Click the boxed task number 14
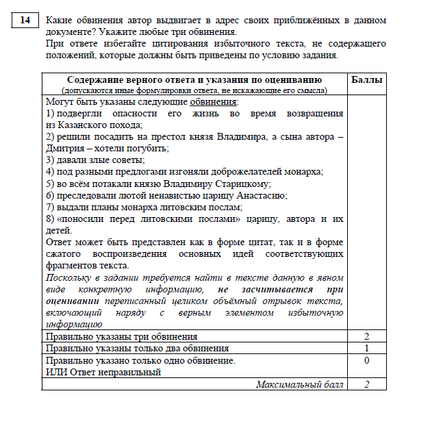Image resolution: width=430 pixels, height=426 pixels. pos(25,21)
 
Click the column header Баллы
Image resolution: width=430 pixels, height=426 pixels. pos(366,80)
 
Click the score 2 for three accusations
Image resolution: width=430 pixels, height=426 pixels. pos(366,336)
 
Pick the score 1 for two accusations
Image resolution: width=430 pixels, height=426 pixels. pos(366,348)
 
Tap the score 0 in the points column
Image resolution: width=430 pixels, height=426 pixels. pos(366,360)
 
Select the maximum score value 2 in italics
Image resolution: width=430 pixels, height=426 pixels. pos(366,384)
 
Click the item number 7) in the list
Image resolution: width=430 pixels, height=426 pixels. pos(49,206)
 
